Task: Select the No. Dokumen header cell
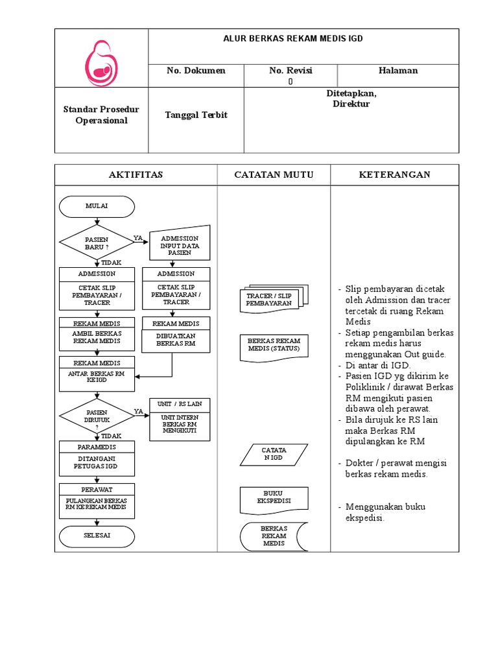(196, 71)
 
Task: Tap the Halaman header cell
(398, 71)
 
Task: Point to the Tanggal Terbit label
(196, 115)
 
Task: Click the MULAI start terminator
(97, 206)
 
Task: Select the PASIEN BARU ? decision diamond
(97, 243)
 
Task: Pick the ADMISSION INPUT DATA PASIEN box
(180, 245)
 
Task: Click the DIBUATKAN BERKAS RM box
(176, 340)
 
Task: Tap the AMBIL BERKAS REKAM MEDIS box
(97, 337)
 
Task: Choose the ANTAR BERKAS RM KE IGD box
(97, 378)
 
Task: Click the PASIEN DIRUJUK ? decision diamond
(97, 416)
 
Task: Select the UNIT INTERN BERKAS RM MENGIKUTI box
(180, 425)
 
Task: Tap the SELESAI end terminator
(97, 536)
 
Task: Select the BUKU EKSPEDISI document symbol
(274, 497)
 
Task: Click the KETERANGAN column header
(394, 175)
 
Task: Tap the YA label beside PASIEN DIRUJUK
(138, 411)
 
